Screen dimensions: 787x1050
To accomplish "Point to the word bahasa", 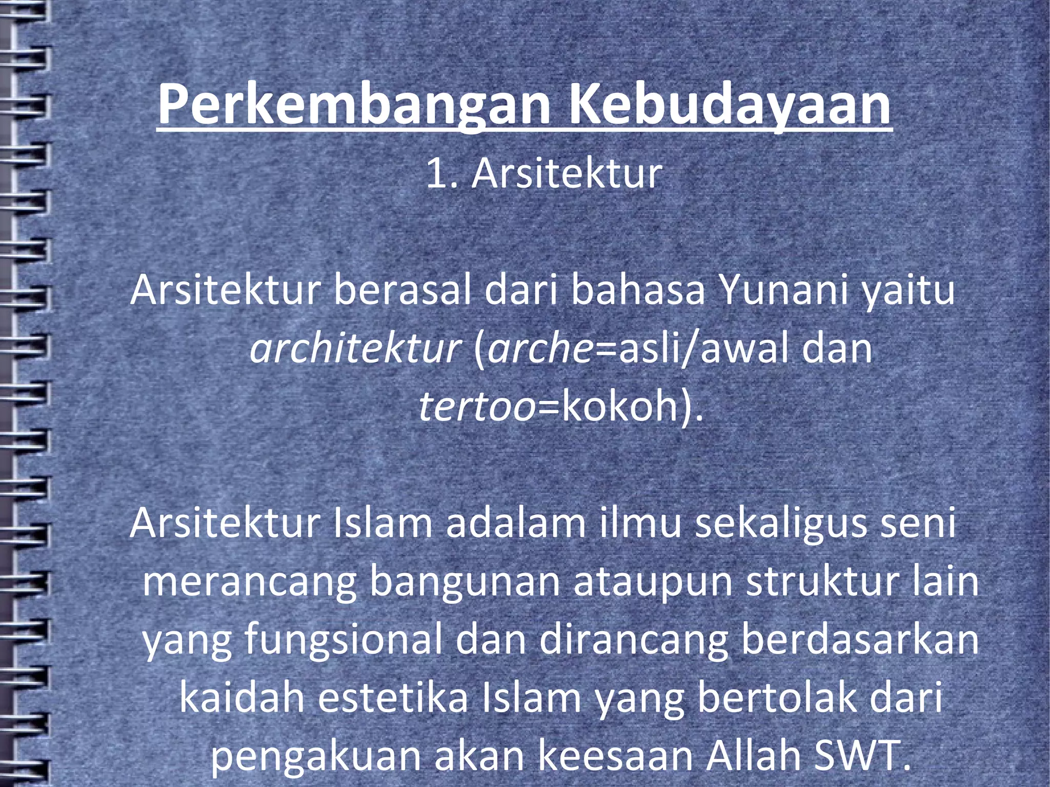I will [638, 290].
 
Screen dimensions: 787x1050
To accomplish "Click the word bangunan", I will [465, 582].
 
